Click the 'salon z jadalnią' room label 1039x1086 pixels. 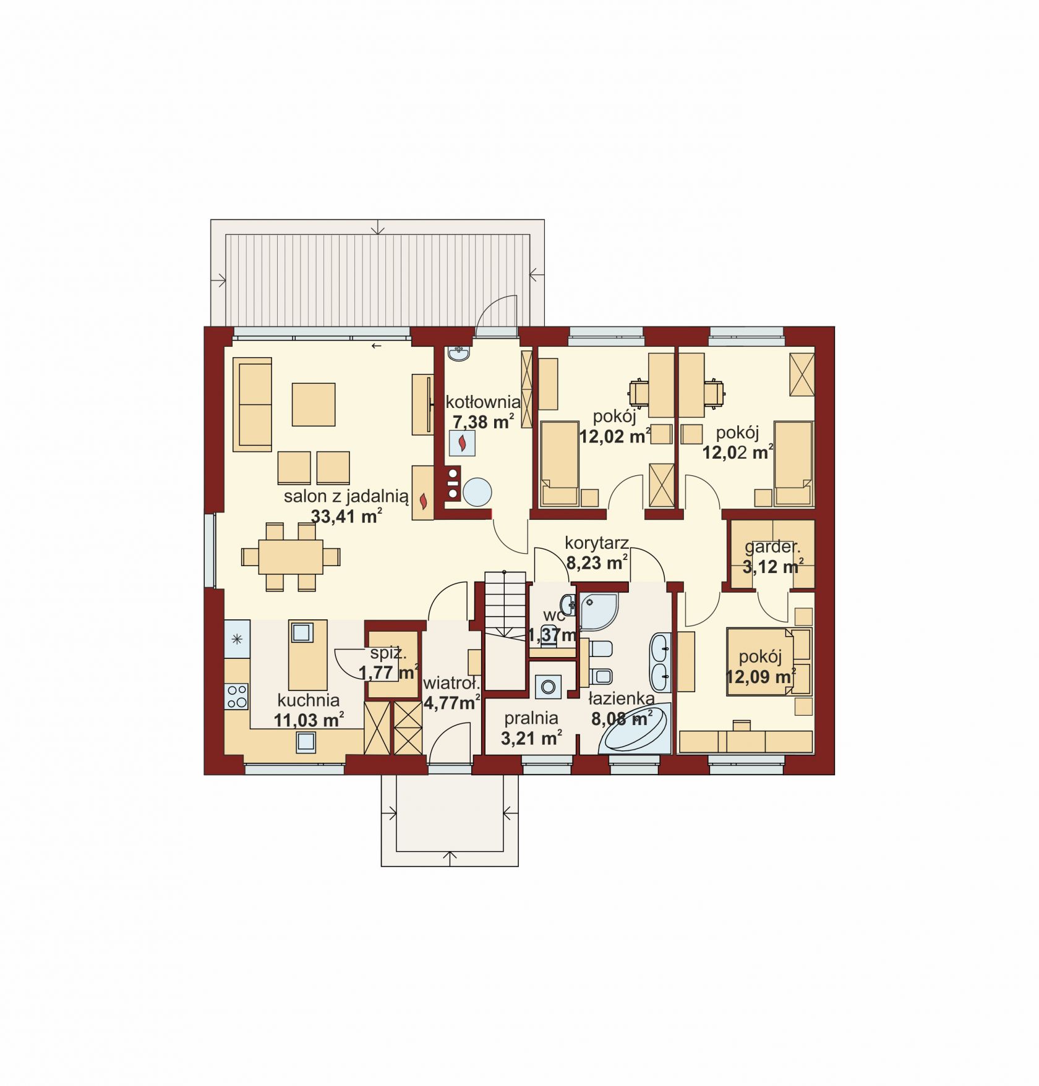click(346, 496)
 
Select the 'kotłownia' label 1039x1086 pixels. click(483, 402)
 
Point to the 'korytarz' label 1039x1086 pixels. click(597, 543)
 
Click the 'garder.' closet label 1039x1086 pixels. click(772, 547)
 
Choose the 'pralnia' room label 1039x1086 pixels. click(531, 718)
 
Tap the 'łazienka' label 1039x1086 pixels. click(622, 698)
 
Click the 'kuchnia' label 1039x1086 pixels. click(309, 700)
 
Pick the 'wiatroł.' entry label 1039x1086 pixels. click(452, 684)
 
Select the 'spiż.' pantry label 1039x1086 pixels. click(388, 653)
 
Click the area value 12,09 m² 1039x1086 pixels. click(761, 677)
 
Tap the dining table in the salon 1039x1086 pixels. click(291, 557)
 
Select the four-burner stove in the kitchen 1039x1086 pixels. click(237, 696)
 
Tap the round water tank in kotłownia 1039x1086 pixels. click(477, 493)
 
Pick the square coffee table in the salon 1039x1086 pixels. click(314, 404)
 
